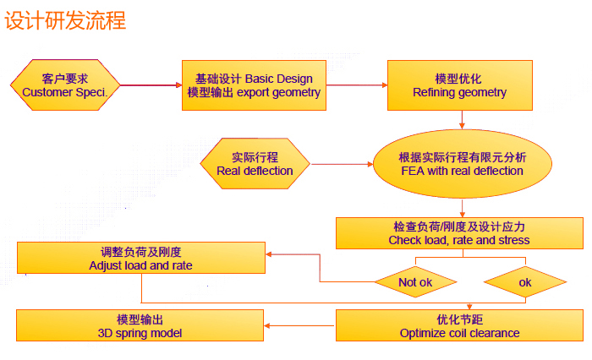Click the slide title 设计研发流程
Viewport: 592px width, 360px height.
pyautogui.click(x=66, y=19)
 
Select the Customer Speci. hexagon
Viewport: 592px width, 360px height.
pyautogui.click(x=65, y=85)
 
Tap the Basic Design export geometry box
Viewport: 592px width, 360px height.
pyautogui.click(x=254, y=85)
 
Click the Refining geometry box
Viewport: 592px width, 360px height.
pyautogui.click(x=460, y=85)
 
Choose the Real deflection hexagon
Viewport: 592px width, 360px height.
pyautogui.click(x=255, y=163)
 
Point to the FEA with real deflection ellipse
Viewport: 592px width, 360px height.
pyautogui.click(x=462, y=163)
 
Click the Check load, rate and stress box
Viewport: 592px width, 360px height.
pyautogui.click(x=459, y=233)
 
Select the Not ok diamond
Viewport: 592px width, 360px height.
pyautogui.click(x=415, y=281)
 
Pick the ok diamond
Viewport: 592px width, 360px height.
pyautogui.click(x=525, y=281)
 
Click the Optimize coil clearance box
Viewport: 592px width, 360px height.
pyautogui.click(x=459, y=326)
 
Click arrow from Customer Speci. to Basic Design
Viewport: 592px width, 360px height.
pyautogui.click(x=151, y=85)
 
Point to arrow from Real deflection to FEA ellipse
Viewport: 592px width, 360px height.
pyautogui.click(x=343, y=163)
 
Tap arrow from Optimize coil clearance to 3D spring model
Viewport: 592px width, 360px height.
pyautogui.click(x=300, y=326)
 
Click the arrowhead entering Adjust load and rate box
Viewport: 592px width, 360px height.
pyautogui.click(x=270, y=254)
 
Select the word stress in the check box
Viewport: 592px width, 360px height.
pyautogui.click(x=513, y=240)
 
